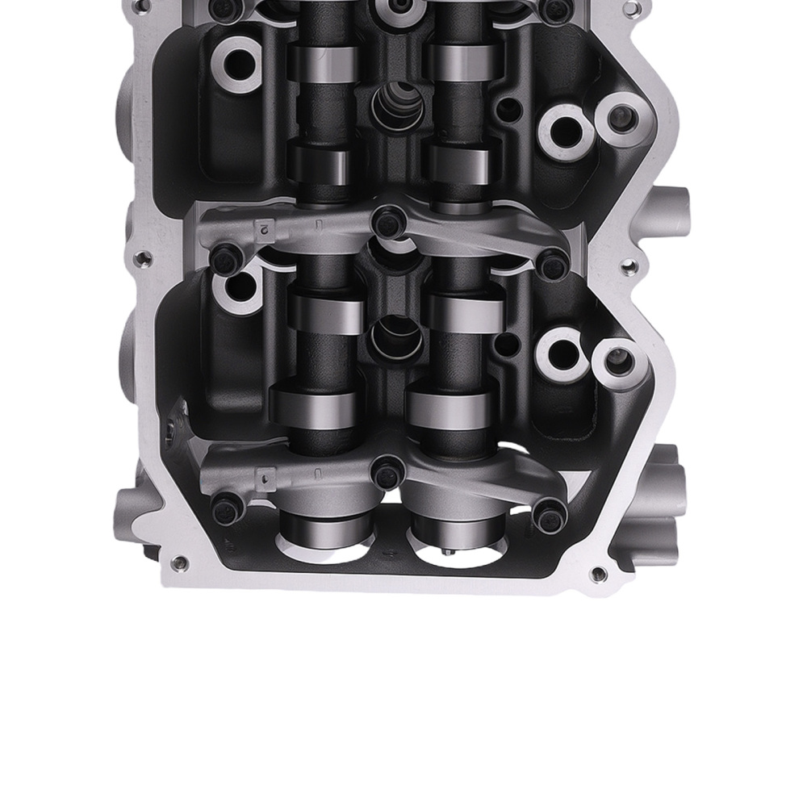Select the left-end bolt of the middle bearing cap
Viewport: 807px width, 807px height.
(226, 257)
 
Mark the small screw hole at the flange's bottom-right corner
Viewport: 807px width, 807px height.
(598, 575)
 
